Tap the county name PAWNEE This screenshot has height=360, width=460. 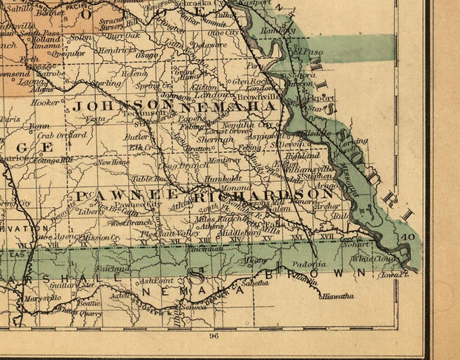[118, 194]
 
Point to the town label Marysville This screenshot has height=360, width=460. [43, 298]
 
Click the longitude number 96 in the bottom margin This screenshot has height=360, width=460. [214, 336]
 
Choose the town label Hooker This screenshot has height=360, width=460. [45, 102]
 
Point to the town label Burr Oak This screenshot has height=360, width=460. [123, 35]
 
